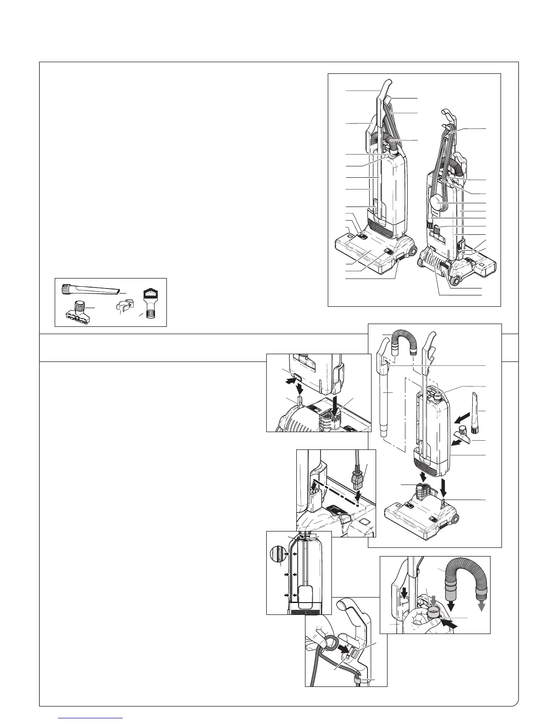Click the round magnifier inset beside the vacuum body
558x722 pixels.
[276, 554]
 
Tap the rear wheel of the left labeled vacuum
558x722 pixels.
[413, 250]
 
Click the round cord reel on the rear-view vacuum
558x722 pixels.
[437, 201]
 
